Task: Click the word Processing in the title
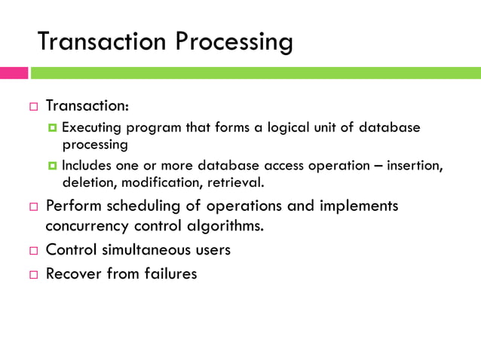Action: (x=234, y=43)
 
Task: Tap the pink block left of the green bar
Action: (x=14, y=73)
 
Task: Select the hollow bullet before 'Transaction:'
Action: (x=33, y=106)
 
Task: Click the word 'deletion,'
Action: (x=86, y=182)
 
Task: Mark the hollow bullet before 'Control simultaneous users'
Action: (x=33, y=250)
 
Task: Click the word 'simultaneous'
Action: (x=143, y=250)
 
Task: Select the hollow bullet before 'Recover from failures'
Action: (x=33, y=274)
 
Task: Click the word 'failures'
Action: (x=170, y=273)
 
